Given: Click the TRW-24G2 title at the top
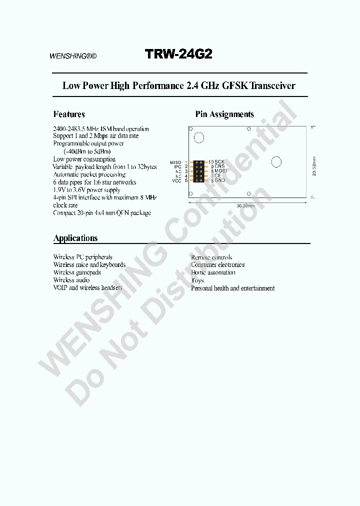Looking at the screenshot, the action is pyautogui.click(x=178, y=54).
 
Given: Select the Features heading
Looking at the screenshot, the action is pyautogui.click(x=69, y=114).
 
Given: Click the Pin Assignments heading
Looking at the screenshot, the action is pyautogui.click(x=224, y=114).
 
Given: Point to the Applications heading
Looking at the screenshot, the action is pyautogui.click(x=75, y=238).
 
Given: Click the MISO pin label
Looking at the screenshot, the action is pyautogui.click(x=175, y=162).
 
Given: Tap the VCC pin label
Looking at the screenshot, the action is pyautogui.click(x=176, y=180).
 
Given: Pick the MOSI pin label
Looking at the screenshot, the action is pyautogui.click(x=220, y=171).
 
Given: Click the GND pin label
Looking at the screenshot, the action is pyautogui.click(x=220, y=180).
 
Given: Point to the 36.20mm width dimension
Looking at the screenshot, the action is pyautogui.click(x=245, y=206).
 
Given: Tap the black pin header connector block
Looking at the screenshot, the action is pyautogui.click(x=198, y=171).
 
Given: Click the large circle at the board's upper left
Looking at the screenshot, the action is pyautogui.click(x=199, y=138).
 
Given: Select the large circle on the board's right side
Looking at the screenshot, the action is pyautogui.click(x=276, y=161).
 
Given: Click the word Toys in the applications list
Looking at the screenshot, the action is pyautogui.click(x=197, y=280).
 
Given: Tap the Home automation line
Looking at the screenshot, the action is pyautogui.click(x=213, y=272).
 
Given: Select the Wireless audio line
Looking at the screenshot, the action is pyautogui.click(x=71, y=280).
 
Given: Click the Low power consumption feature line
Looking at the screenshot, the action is pyautogui.click(x=84, y=159).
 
